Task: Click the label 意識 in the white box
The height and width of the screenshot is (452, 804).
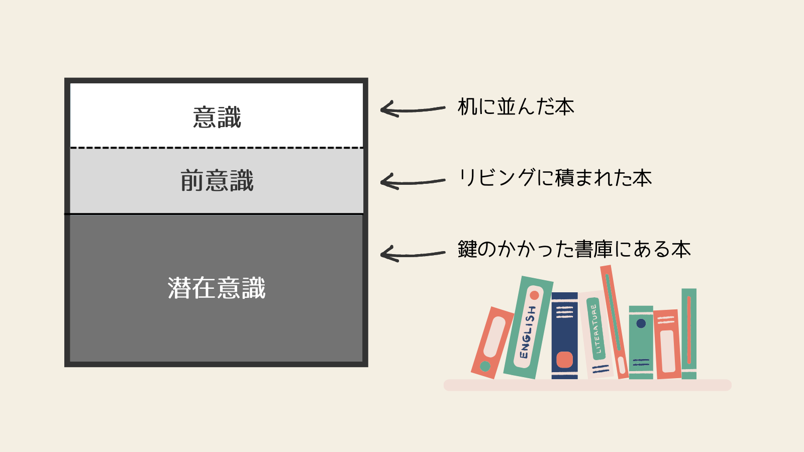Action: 217,118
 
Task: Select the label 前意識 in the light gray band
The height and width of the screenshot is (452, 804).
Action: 217,180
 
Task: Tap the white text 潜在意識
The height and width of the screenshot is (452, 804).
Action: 217,288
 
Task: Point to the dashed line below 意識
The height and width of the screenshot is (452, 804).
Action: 217,148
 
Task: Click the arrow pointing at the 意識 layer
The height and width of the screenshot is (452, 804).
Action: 412,109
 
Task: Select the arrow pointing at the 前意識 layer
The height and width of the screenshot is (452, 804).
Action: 412,181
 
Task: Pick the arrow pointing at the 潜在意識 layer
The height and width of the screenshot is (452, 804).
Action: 412,254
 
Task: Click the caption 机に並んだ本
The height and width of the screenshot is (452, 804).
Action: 516,107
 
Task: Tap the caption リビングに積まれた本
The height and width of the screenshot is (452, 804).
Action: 555,178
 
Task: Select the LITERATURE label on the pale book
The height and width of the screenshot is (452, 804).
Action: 596,329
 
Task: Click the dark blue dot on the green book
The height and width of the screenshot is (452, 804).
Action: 641,323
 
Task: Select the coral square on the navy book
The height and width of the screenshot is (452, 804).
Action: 564,360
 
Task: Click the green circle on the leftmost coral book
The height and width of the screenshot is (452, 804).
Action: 485,366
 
